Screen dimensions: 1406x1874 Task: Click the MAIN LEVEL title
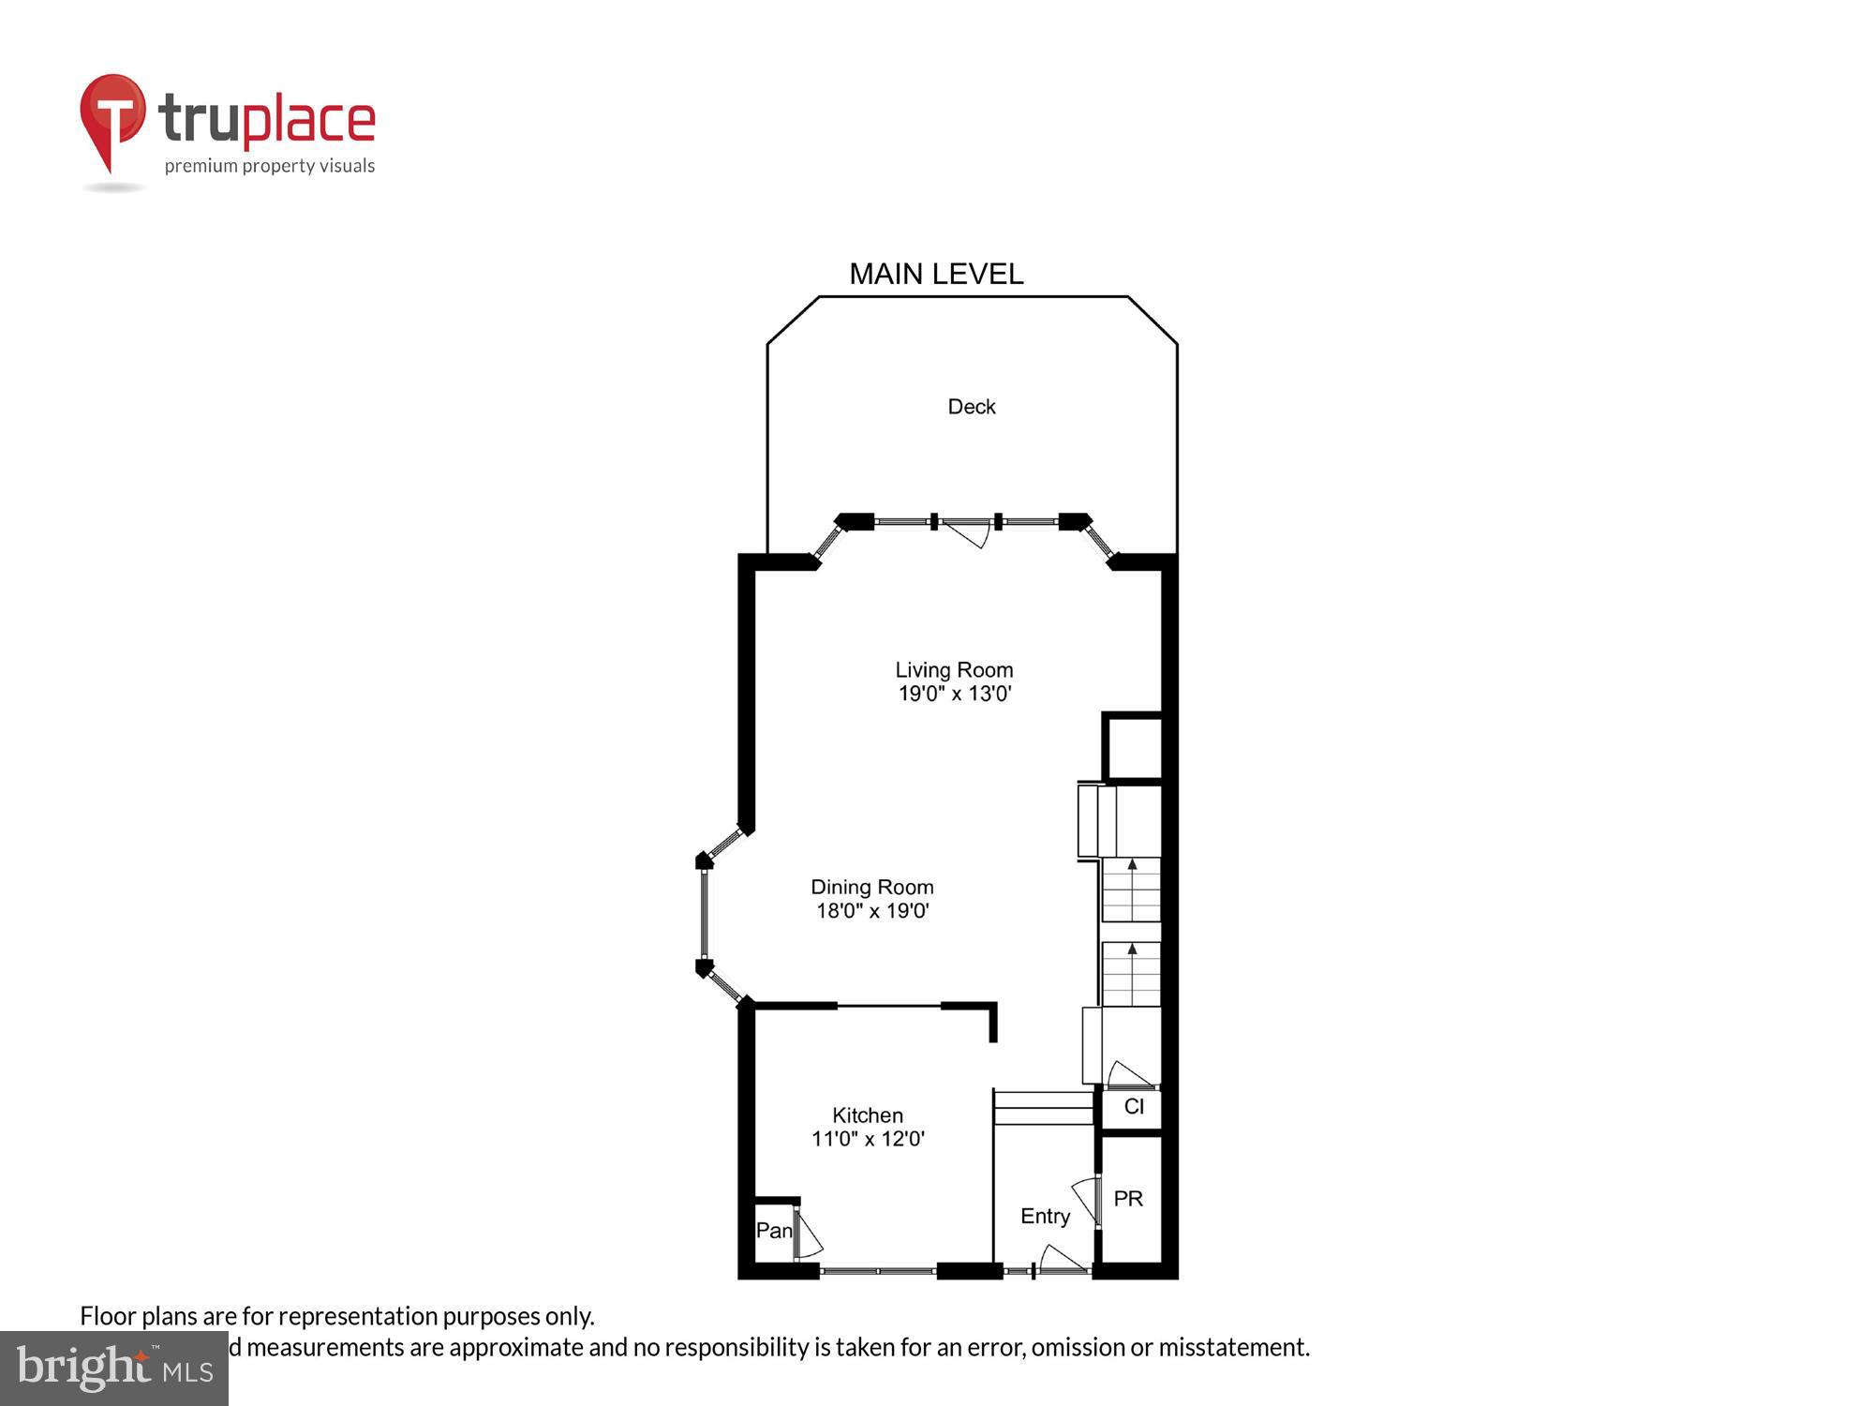936,274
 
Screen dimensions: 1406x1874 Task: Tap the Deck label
971,407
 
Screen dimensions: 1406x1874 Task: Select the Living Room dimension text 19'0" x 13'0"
955,695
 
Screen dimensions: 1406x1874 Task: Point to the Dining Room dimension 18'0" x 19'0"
872,911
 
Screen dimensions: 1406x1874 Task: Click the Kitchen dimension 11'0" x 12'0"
868,1139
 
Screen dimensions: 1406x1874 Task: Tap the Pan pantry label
774,1231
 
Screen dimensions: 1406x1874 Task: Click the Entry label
1045,1216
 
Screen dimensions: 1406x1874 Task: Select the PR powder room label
1128,1199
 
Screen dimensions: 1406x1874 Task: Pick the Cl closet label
1134,1107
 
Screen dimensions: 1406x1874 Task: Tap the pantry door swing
809,1237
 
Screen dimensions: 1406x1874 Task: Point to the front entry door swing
1062,1259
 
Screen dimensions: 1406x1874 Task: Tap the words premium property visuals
270,167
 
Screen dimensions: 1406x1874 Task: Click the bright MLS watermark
114,1369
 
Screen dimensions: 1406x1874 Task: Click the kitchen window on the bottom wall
878,1271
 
